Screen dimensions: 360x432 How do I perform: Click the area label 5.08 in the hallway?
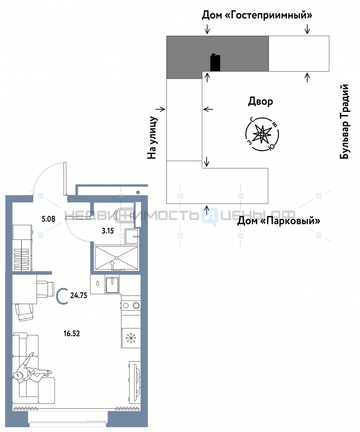coord(48,219)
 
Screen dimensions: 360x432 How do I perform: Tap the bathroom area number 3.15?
coord(108,231)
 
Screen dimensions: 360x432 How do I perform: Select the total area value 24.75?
coord(79,295)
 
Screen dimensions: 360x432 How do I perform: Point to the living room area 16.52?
coord(72,334)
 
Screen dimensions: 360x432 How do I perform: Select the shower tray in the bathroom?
coord(117,258)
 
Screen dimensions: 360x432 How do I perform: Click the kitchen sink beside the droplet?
coord(112,285)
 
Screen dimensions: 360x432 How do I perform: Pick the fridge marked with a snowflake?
coord(131,338)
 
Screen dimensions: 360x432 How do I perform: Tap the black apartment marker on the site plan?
coord(215,63)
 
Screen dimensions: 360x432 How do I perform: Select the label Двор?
coord(261,102)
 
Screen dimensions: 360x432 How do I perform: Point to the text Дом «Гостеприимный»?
coord(257,15)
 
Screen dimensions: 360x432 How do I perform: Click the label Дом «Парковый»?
coord(279,221)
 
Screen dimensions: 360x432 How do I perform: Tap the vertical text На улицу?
coord(153,137)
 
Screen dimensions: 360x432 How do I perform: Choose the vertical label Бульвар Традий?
coord(344,121)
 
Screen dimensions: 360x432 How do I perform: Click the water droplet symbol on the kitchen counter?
coord(97,283)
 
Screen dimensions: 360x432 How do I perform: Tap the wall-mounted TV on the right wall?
coord(136,381)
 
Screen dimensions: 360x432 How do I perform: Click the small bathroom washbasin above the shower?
coord(132,236)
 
